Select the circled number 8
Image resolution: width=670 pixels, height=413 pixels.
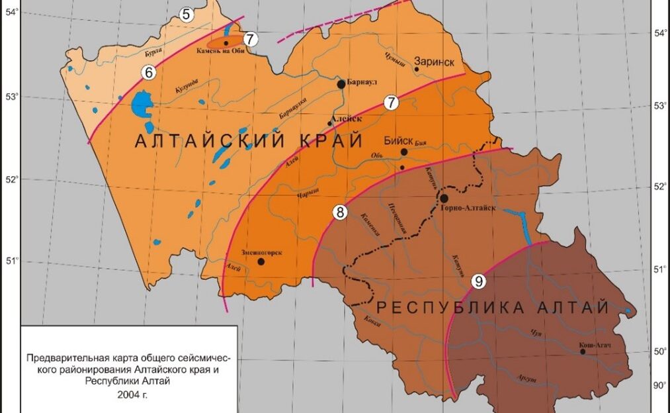[339, 212]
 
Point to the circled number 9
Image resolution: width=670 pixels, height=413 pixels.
[479, 281]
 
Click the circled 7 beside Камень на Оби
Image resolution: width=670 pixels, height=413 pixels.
[249, 39]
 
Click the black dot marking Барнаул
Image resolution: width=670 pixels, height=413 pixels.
[341, 84]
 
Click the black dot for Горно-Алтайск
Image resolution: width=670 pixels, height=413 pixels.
[444, 198]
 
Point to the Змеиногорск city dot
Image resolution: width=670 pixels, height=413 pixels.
[261, 261]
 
